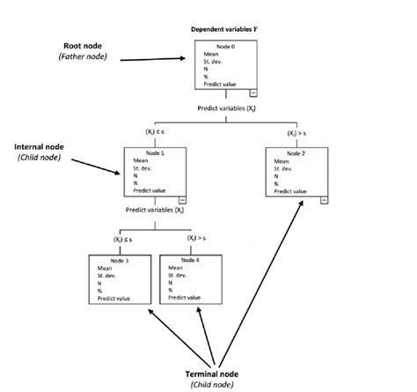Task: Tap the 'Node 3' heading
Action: [121, 260]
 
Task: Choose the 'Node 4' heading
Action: [191, 260]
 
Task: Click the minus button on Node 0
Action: [252, 92]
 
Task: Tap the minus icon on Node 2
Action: [325, 200]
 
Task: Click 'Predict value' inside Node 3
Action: [113, 299]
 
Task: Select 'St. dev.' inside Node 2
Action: [283, 169]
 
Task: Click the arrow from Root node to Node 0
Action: [155, 60]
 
